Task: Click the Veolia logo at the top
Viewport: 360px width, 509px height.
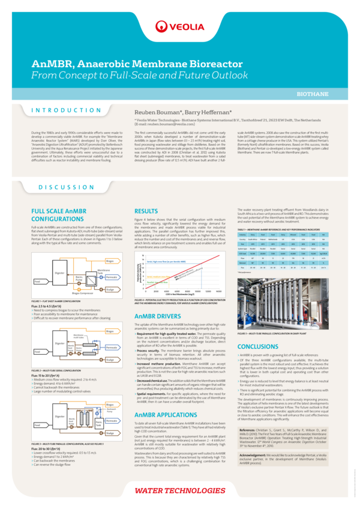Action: (179, 26)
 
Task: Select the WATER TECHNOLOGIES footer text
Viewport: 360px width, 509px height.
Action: (179, 491)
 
